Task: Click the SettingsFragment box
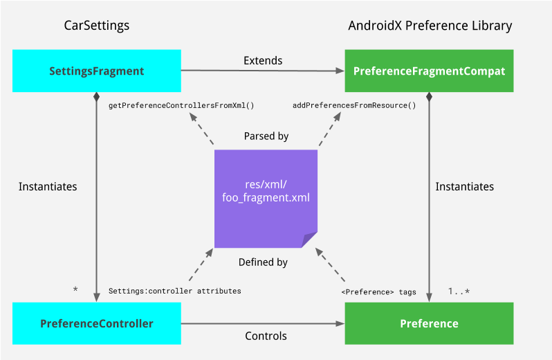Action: point(97,71)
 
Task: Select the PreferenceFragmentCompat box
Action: point(429,71)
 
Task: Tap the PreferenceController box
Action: point(97,323)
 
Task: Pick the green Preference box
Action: point(429,323)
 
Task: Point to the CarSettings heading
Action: point(97,26)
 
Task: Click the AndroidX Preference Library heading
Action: point(430,26)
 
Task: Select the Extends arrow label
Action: point(263,60)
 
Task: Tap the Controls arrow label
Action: point(266,336)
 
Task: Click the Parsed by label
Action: point(266,136)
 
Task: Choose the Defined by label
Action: point(263,262)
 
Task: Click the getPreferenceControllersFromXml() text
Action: point(182,106)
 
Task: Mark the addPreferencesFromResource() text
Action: point(354,106)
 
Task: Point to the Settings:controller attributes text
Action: point(174,291)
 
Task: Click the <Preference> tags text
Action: point(378,291)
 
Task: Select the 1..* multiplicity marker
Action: point(459,291)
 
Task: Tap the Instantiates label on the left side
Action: point(48,187)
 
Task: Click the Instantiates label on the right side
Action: point(465,187)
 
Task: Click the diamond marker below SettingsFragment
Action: point(97,97)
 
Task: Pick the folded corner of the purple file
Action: point(310,240)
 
